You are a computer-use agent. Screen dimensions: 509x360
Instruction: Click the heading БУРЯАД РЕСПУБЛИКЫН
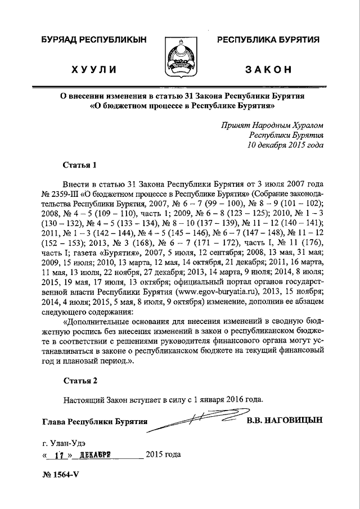point(93,39)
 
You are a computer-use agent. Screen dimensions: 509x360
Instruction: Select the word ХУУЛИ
point(93,70)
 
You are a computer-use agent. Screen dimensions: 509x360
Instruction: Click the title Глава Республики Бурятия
point(94,421)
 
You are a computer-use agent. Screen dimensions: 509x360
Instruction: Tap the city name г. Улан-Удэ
point(64,442)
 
